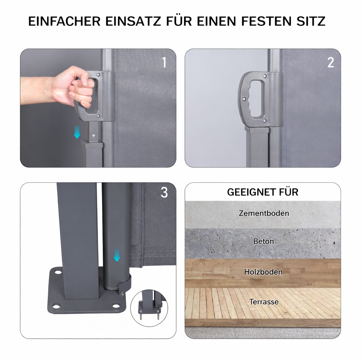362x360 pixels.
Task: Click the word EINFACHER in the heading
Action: pos(64,21)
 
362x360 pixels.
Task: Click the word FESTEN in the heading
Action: pos(267,21)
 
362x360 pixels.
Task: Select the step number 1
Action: pos(165,62)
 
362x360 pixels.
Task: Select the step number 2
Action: pos(330,62)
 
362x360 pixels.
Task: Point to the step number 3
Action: pos(164,192)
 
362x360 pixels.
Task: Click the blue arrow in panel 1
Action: pos(77,132)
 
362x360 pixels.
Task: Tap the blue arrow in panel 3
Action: pos(117,255)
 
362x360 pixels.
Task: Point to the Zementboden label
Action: pos(264,213)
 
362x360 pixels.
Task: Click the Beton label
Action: pos(264,241)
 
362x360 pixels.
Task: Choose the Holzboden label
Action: pos(263,272)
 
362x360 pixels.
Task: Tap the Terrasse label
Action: pos(264,302)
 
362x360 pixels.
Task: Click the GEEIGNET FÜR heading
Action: pos(263,192)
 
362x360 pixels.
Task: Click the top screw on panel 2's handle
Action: pos(265,76)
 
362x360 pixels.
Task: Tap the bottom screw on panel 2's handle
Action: pos(264,121)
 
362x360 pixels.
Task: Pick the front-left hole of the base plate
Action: pos(56,306)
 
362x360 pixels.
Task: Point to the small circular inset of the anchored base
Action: pos(149,308)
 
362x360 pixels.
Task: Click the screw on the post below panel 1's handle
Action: pos(94,135)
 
